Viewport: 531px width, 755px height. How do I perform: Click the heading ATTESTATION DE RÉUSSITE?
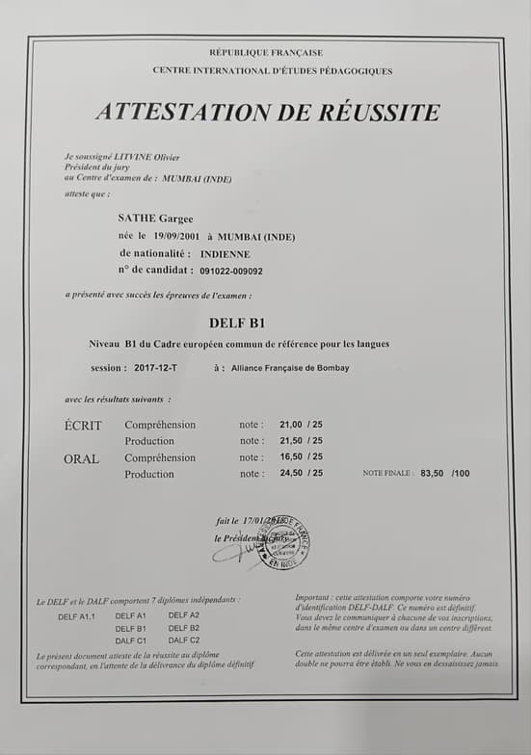click(267, 112)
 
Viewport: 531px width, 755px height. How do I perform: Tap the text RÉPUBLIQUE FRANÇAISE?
click(266, 53)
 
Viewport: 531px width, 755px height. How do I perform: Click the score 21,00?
click(290, 425)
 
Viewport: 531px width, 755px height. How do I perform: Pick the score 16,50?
click(290, 457)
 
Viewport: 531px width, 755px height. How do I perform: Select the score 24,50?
click(290, 474)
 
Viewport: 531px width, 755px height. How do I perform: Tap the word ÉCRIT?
click(83, 425)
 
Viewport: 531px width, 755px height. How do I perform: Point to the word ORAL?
click(82, 458)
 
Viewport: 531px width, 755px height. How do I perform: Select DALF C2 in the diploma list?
click(184, 639)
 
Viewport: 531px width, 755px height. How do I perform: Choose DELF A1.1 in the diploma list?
click(76, 616)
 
